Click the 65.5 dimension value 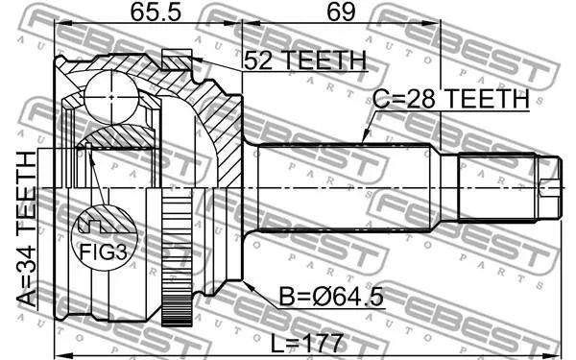(156, 12)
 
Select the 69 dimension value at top (341, 12)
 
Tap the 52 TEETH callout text (305, 60)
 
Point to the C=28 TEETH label (451, 99)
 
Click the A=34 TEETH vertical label (27, 228)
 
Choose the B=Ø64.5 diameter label (331, 297)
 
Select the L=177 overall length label (307, 343)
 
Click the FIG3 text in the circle (104, 252)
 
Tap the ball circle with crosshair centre (111, 97)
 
